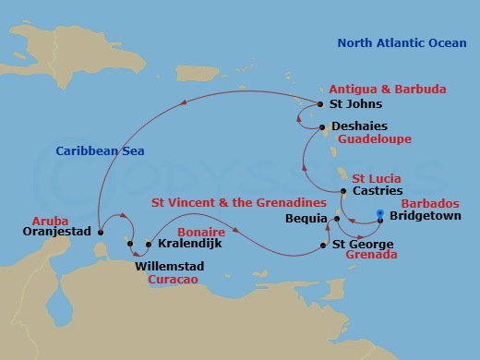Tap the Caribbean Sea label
pos(91,150)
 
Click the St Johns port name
pos(350,105)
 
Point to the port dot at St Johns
pos(319,105)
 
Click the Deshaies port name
pos(355,126)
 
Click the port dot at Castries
pos(342,191)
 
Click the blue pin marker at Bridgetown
pos(380,216)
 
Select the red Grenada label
pos(371,255)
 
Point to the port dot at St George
pos(322,245)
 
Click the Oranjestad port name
pos(55,234)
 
